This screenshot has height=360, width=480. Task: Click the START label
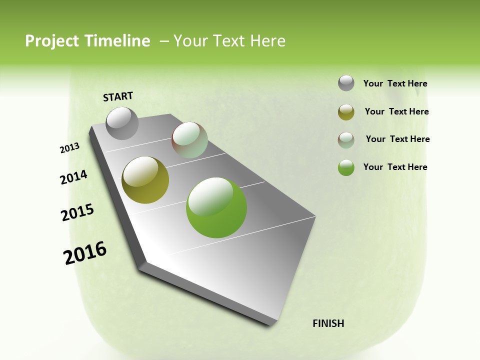tap(118, 96)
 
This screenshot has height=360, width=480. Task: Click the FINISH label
tap(328, 323)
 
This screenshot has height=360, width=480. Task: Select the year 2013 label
tap(70, 148)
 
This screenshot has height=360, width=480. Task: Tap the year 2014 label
tap(74, 177)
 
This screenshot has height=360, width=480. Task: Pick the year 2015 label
tap(77, 212)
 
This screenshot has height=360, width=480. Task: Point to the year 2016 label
tap(85, 253)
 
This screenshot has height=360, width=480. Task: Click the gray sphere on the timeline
tap(122, 123)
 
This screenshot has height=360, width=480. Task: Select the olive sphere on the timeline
tap(145, 180)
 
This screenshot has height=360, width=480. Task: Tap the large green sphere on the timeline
tap(216, 207)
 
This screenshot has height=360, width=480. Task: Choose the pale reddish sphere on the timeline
tap(189, 140)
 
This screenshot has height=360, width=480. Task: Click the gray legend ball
tap(346, 83)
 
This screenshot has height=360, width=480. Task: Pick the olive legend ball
tap(346, 112)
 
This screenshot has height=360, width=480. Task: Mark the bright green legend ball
tap(346, 167)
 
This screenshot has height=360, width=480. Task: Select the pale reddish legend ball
tap(346, 140)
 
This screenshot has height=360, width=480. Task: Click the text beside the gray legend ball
tap(395, 83)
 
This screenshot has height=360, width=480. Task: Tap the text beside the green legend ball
tap(395, 167)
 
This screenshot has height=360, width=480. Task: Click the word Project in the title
tap(52, 41)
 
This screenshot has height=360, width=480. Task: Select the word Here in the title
tap(267, 41)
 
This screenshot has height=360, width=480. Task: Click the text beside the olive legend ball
tap(396, 111)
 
